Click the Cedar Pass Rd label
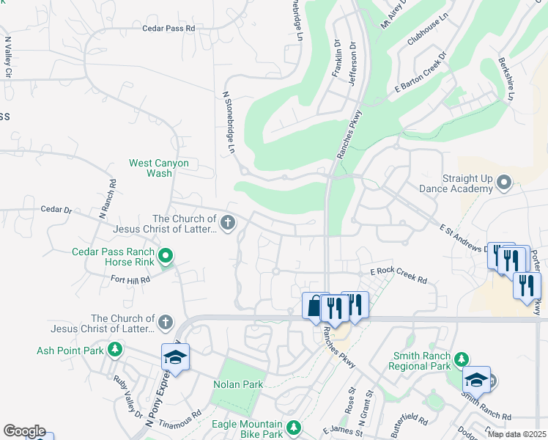(x=169, y=28)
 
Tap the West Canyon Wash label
(x=159, y=168)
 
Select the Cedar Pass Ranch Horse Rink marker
(x=166, y=257)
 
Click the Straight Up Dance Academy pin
(x=503, y=181)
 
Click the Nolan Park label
(x=237, y=384)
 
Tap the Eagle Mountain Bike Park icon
(x=294, y=427)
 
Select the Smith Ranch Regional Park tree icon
(x=461, y=359)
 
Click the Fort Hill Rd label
(x=130, y=279)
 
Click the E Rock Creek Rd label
(x=398, y=274)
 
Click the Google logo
(x=24, y=431)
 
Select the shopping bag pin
(x=314, y=305)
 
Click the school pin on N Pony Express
(x=176, y=357)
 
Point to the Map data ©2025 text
(x=517, y=434)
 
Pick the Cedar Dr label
(x=56, y=210)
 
